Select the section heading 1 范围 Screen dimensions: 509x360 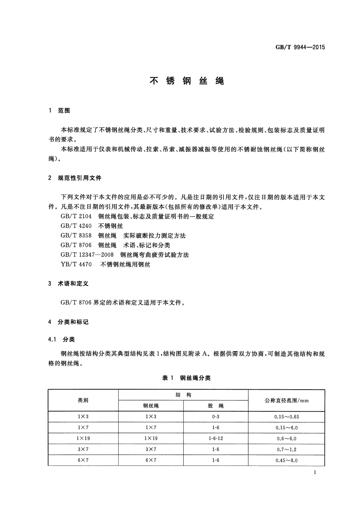point(59,111)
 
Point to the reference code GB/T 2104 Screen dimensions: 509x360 point(76,217)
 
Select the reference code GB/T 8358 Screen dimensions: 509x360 point(76,236)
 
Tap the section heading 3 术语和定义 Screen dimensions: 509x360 point(68,283)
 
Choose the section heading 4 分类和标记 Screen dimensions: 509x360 point(68,322)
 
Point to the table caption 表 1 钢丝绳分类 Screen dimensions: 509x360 point(186,377)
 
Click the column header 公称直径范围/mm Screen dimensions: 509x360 point(286,400)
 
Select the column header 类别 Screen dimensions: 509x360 point(83,400)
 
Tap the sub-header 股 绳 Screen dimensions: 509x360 point(215,406)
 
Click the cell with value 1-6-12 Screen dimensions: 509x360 point(215,439)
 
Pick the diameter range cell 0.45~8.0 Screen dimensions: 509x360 point(286,460)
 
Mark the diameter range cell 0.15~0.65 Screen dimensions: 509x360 point(286,416)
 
